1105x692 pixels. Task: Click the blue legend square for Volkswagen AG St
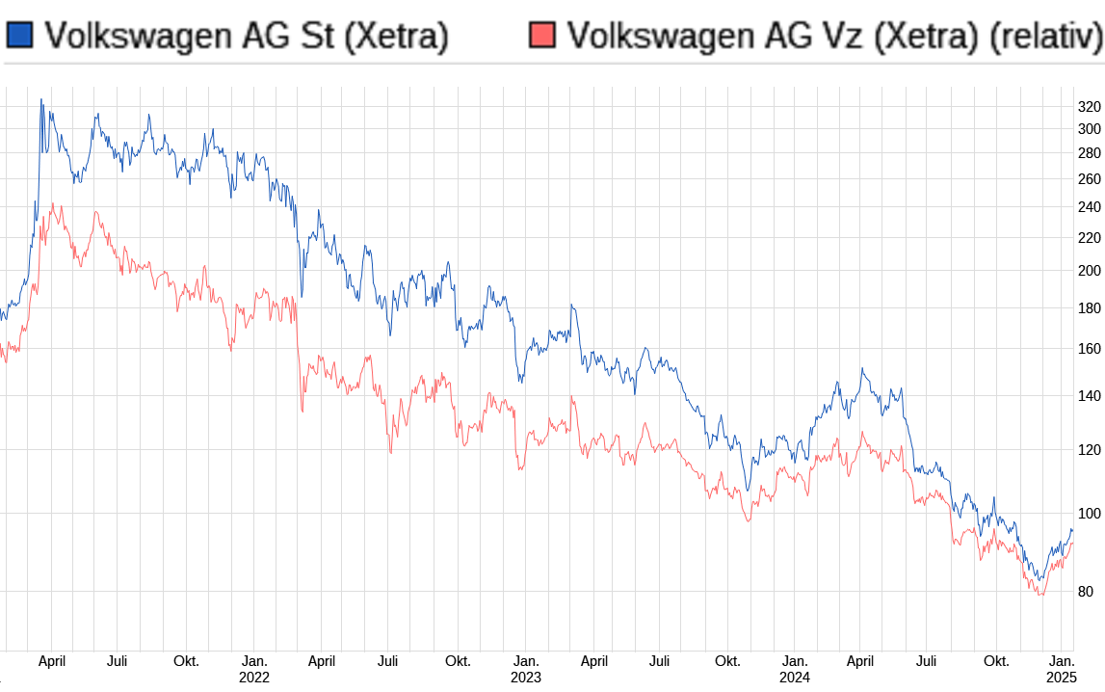(19, 36)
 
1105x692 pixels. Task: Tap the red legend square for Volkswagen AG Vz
(542, 36)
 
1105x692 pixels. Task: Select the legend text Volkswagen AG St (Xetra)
(247, 36)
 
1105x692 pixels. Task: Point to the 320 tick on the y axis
(1089, 106)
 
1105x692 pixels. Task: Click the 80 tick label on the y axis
(1085, 592)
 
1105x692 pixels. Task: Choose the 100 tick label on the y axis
(1089, 514)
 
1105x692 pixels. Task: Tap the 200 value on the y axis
(1089, 271)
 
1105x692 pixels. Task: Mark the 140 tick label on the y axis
(1089, 396)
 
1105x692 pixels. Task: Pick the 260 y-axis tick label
(1089, 179)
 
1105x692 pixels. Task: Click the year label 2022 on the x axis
(254, 679)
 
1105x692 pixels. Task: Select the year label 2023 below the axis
(525, 679)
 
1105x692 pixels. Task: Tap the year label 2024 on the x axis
(795, 679)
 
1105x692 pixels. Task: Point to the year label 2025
(1063, 679)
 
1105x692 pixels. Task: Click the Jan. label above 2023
(525, 661)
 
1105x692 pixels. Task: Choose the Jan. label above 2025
(1063, 661)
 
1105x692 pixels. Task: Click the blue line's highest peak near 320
(40, 99)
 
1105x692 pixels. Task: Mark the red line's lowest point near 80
(1040, 595)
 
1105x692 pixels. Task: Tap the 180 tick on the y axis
(1089, 308)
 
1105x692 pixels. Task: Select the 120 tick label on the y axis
(1089, 449)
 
